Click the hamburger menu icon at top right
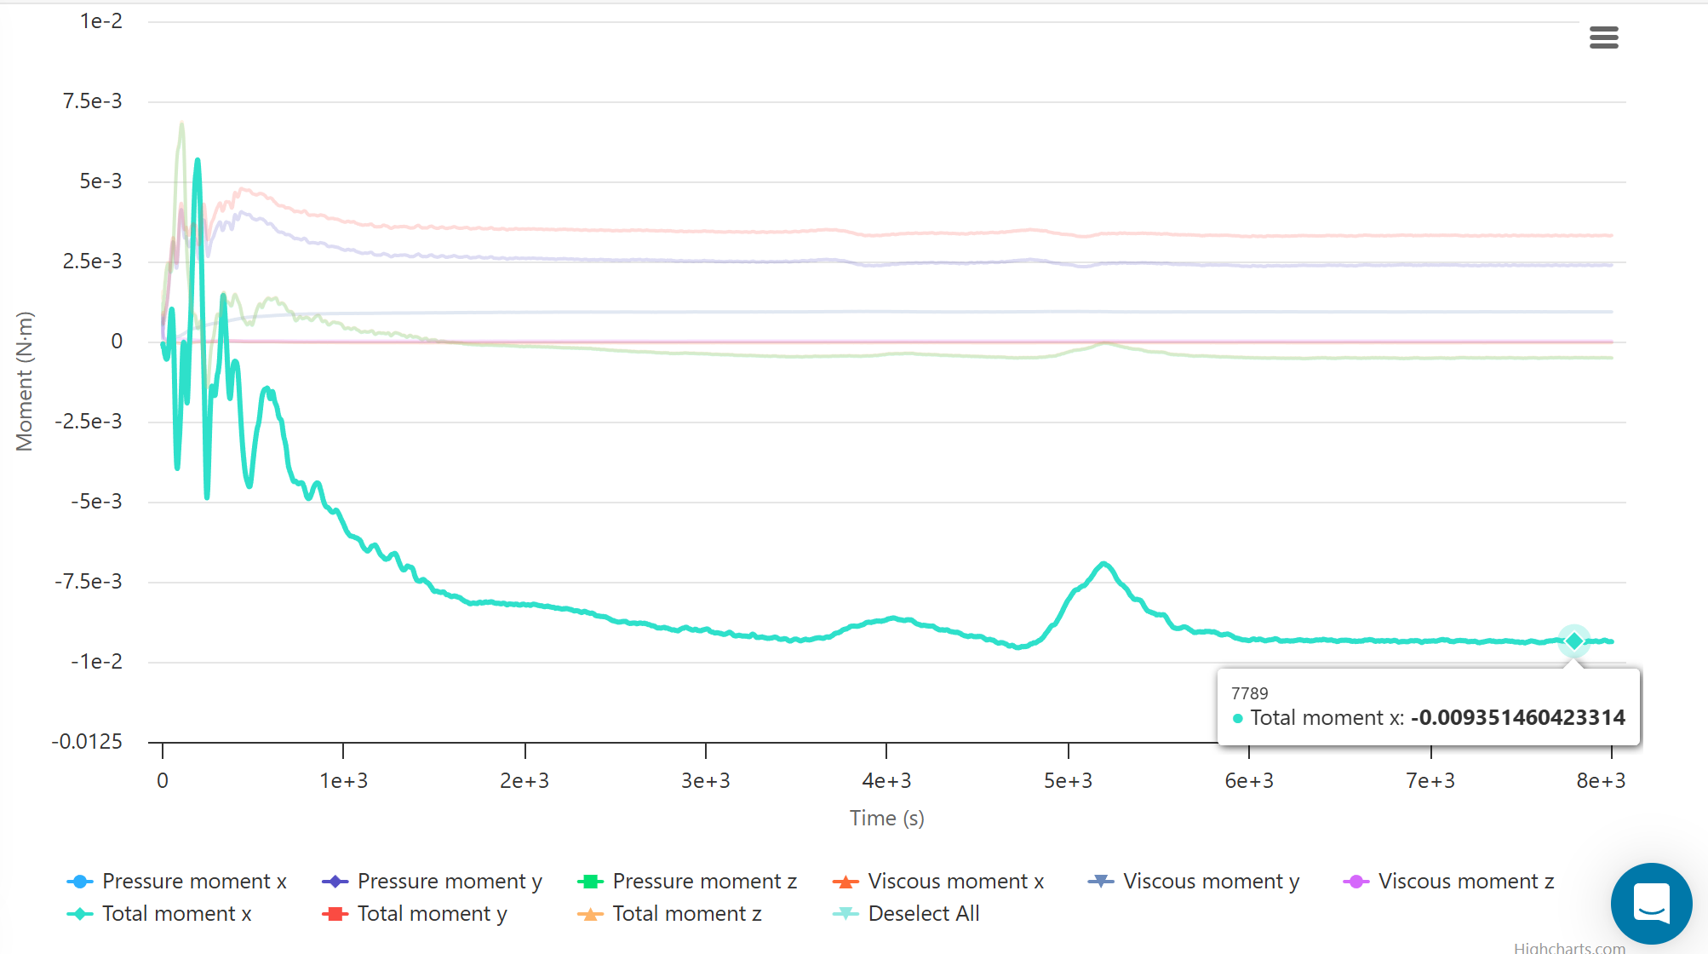pos(1603,37)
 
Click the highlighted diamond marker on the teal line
pos(1573,641)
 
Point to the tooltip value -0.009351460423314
pos(1517,717)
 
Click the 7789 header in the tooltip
pos(1249,693)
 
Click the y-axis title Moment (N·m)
pos(25,381)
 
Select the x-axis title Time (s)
pos(886,818)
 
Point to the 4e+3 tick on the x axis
pos(886,780)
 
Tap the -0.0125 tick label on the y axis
pos(87,741)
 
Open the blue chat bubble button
pos(1651,903)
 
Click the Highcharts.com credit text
pos(1569,947)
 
